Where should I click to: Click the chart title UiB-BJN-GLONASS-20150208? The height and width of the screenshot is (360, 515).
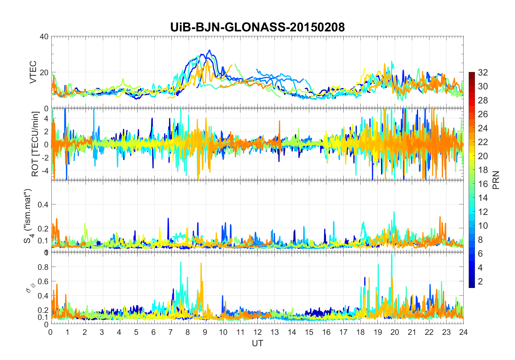257,27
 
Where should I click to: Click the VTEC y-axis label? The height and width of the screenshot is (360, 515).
33,72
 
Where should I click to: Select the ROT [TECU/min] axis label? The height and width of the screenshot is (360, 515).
35,144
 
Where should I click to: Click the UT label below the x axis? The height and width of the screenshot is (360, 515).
257,343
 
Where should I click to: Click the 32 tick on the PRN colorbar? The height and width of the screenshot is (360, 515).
483,73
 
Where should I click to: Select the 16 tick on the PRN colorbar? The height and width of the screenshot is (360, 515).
483,184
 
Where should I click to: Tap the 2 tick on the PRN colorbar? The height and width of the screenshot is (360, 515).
480,282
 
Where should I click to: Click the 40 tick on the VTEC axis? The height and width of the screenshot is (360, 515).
44,37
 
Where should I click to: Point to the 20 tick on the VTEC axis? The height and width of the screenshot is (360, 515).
44,73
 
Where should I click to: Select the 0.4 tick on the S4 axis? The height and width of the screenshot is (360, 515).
43,205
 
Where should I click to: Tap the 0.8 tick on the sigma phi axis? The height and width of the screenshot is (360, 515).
43,267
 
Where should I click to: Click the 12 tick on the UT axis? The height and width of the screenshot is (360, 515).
257,332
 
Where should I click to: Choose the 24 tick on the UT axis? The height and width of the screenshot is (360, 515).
463,332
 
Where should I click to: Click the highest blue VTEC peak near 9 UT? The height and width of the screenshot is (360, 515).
209,50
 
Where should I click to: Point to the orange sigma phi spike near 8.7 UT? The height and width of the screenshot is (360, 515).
201,263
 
